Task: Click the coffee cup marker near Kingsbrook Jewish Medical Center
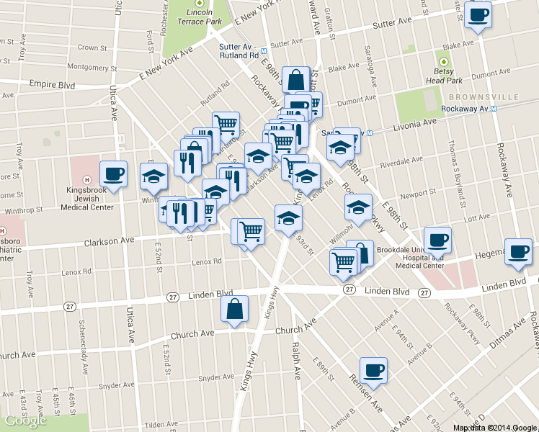pos(112,173)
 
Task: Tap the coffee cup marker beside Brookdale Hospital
pos(437,239)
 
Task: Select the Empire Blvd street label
pos(52,84)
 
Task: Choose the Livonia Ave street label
pos(414,125)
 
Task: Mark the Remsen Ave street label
pos(366,389)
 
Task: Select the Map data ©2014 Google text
pos(494,428)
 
